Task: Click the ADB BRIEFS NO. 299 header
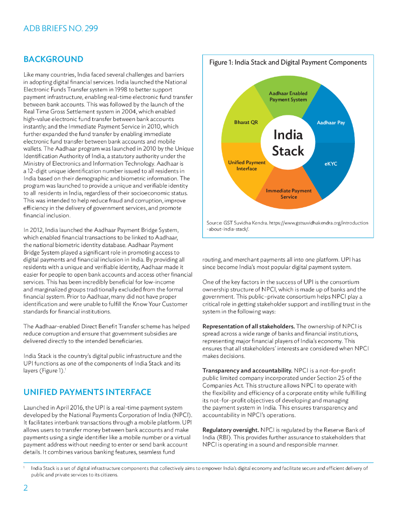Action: [61, 29]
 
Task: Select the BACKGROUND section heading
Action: [53, 59]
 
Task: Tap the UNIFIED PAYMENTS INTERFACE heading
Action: [87, 392]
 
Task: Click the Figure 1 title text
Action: [288, 63]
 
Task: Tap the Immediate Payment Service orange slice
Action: [289, 194]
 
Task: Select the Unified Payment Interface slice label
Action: [246, 166]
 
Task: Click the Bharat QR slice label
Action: [246, 122]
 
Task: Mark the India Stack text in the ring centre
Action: [288, 143]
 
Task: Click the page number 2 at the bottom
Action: [26, 488]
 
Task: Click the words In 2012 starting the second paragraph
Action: [33, 230]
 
